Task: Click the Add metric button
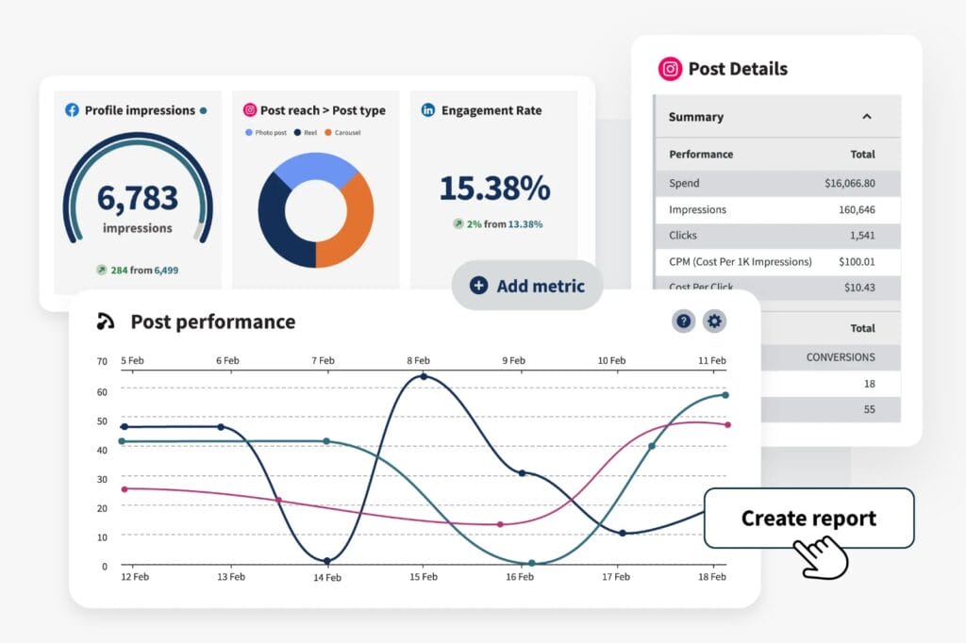tap(526, 286)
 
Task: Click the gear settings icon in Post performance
tap(714, 321)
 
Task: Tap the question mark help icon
tap(684, 321)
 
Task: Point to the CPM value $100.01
tap(850, 261)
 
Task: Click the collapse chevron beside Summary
tap(867, 117)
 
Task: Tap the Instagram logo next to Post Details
tap(670, 69)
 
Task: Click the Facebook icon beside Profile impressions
tap(72, 110)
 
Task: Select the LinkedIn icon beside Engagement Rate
tap(428, 110)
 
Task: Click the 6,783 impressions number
tap(138, 198)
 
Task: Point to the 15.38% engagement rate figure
tap(494, 189)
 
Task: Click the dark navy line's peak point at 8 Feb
tap(423, 376)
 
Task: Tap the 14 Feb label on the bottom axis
tap(326, 577)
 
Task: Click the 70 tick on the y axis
tap(102, 361)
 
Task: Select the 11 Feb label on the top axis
tap(711, 361)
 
